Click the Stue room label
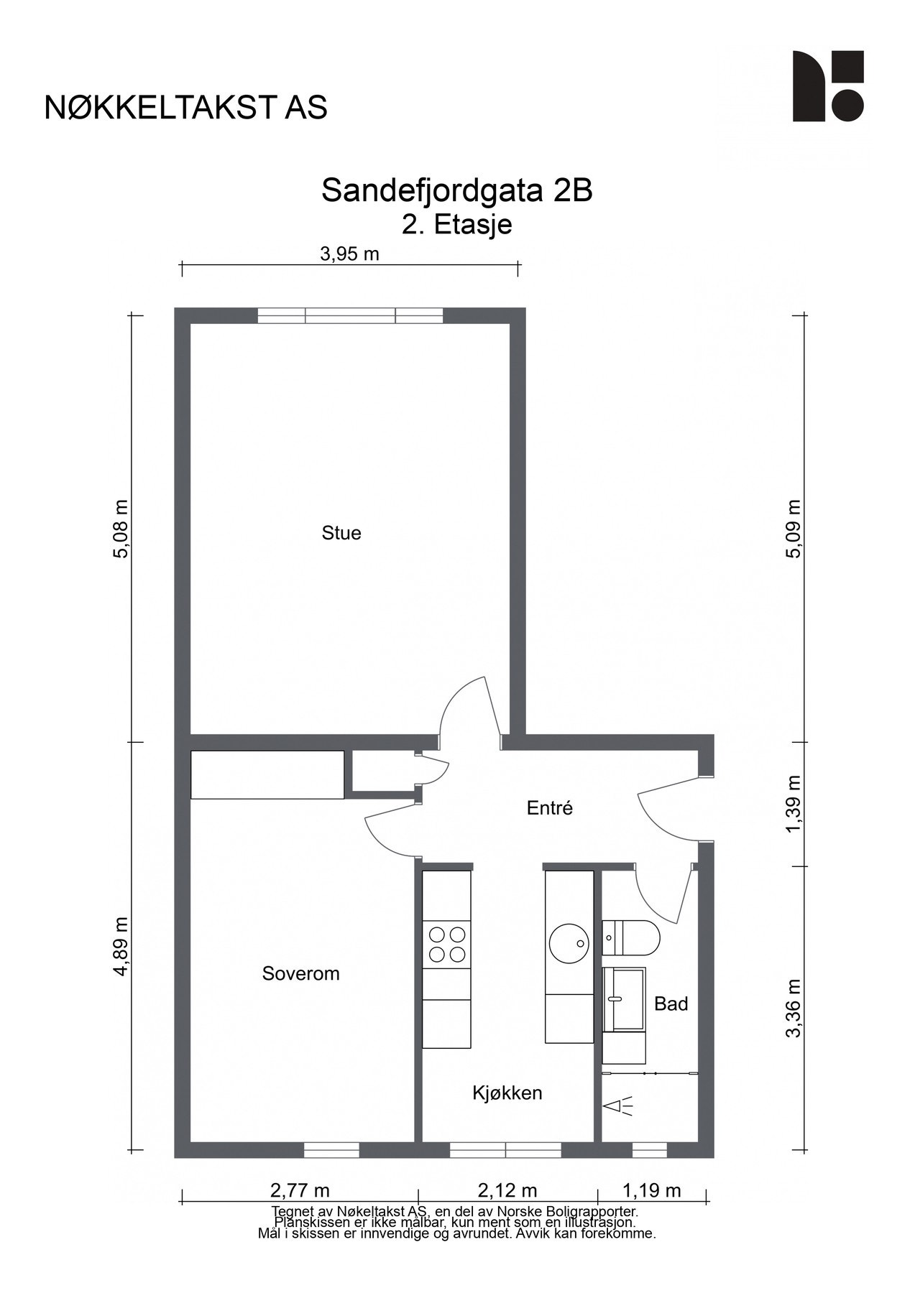(341, 533)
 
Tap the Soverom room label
(300, 973)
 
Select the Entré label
(549, 808)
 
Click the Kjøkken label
(507, 1093)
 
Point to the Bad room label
(671, 1004)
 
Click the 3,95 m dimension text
(349, 254)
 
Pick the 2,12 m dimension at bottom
(507, 1191)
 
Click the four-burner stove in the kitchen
(446, 945)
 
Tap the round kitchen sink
(569, 943)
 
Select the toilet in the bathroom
(631, 937)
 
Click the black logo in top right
(827, 85)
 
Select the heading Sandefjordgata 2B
(456, 190)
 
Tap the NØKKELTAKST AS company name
(185, 107)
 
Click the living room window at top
(350, 316)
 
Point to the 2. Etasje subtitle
(456, 225)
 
